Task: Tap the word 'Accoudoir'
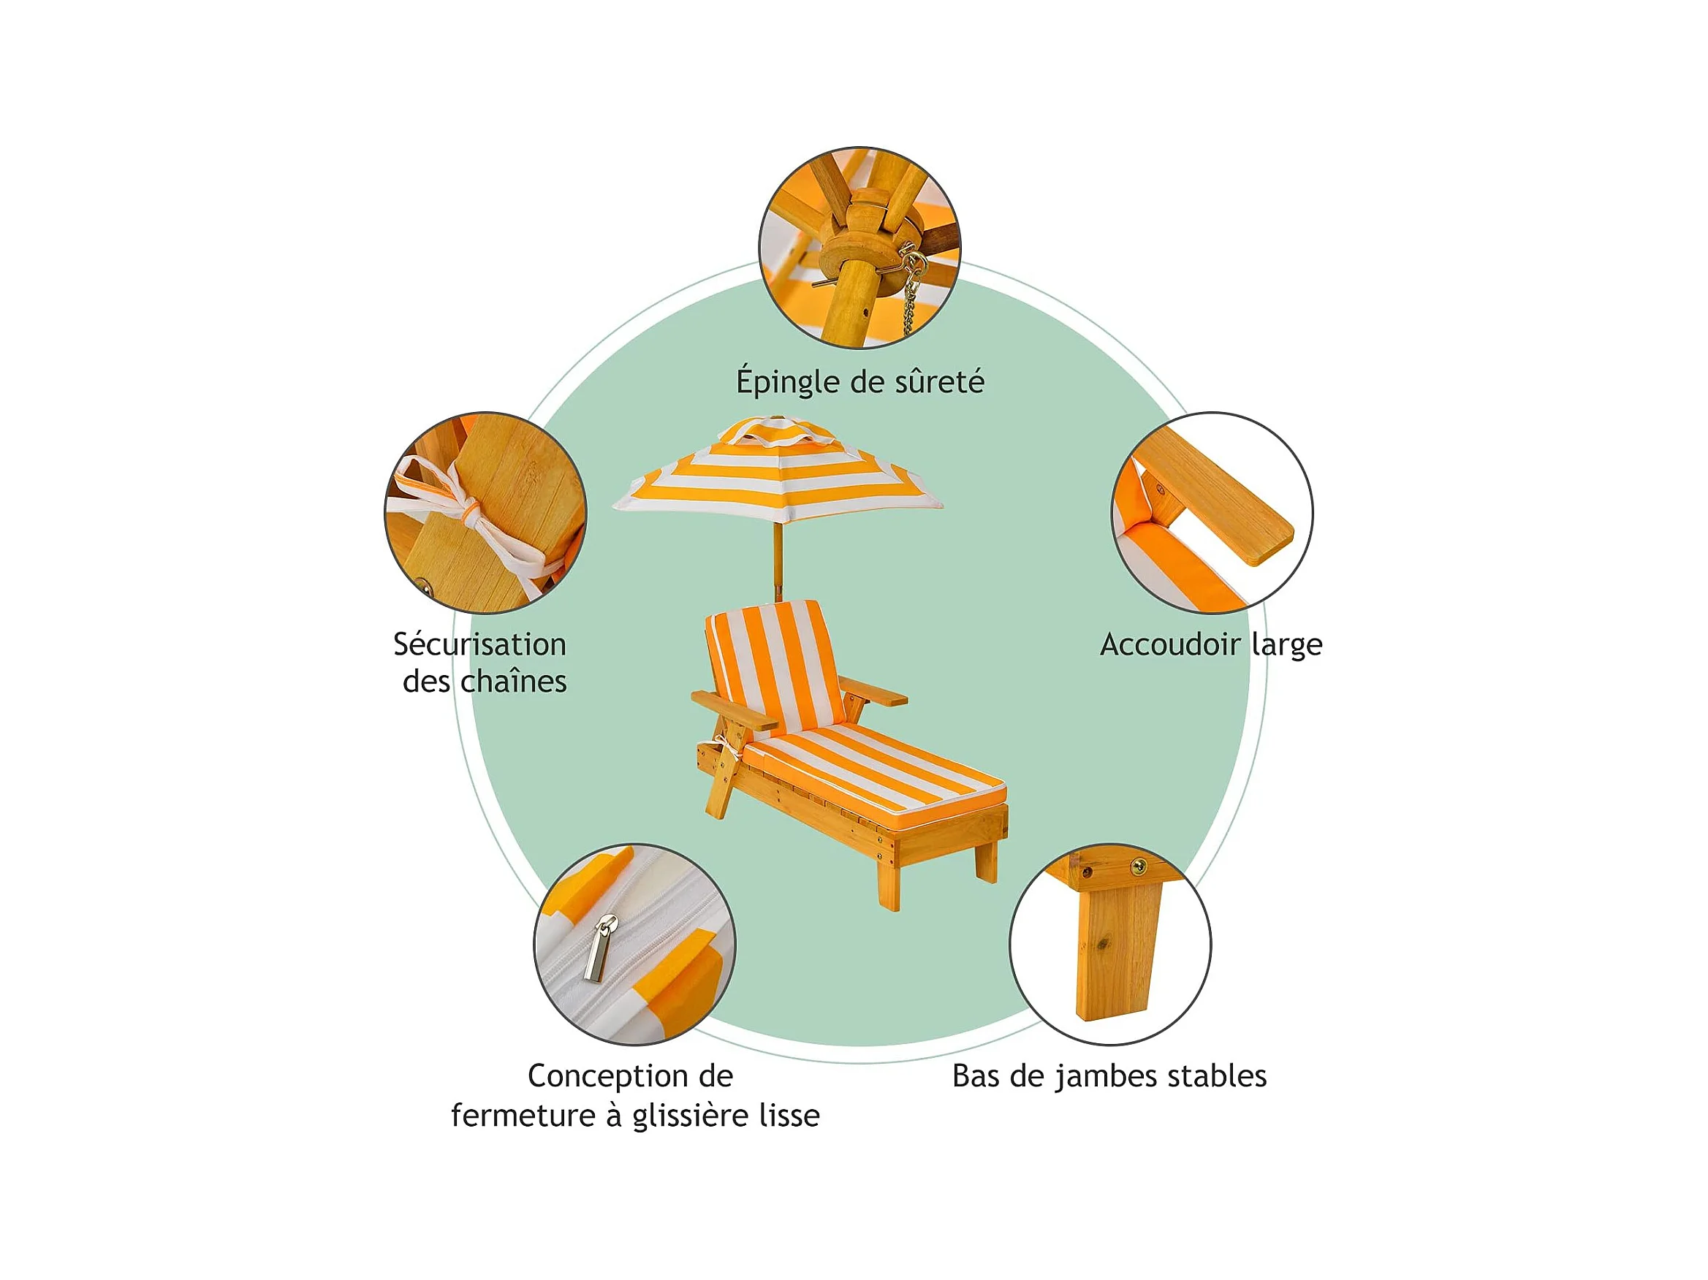[x=1170, y=644]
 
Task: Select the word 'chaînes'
[x=514, y=682]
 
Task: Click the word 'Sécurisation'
[x=479, y=644]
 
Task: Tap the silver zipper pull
[x=599, y=948]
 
